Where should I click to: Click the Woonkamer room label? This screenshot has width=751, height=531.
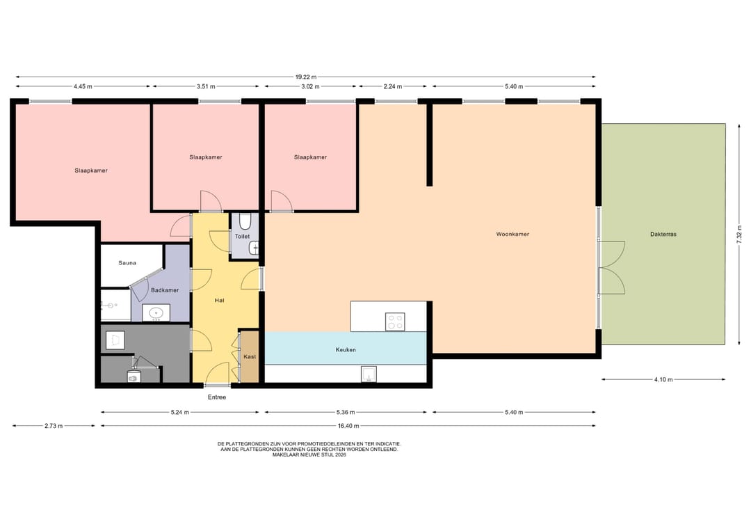(512, 235)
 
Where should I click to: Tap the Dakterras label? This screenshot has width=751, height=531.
(663, 235)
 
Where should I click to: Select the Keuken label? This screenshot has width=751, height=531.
(346, 350)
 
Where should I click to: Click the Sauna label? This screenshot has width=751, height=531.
(127, 262)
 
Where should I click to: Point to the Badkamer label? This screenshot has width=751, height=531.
(165, 290)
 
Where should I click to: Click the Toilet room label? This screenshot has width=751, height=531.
(243, 236)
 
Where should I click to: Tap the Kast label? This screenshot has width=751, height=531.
(250, 356)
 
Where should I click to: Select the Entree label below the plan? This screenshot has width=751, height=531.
(217, 397)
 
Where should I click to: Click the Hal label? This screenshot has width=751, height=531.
(219, 301)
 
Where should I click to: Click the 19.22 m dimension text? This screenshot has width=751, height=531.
(305, 77)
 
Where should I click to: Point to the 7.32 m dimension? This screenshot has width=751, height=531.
(739, 235)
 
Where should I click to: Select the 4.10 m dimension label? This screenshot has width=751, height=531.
(663, 379)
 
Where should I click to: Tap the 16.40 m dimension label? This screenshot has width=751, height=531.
(348, 426)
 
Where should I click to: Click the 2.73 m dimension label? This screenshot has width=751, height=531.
(54, 426)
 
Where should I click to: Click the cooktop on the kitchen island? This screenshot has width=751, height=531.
(395, 322)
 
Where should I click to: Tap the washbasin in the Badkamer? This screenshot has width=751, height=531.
(156, 313)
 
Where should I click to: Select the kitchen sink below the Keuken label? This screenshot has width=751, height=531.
(369, 374)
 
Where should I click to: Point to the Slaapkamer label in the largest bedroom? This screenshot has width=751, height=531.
(91, 171)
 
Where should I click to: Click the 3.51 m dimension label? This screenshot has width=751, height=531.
(206, 87)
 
